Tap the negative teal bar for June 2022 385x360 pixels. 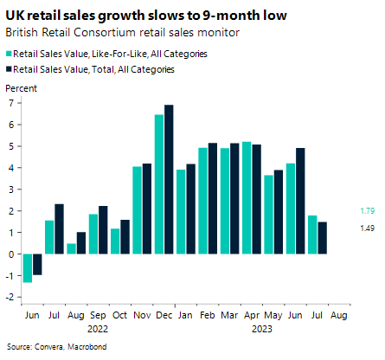pyautogui.click(x=28, y=267)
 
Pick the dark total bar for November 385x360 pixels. pyautogui.click(x=146, y=209)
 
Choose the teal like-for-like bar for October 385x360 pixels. pyautogui.click(x=115, y=241)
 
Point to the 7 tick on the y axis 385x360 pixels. pyautogui.click(x=12, y=102)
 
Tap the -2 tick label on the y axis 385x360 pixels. pyautogui.click(x=10, y=297)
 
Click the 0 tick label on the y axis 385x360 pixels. pyautogui.click(x=12, y=254)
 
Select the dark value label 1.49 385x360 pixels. pyautogui.click(x=366, y=228)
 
